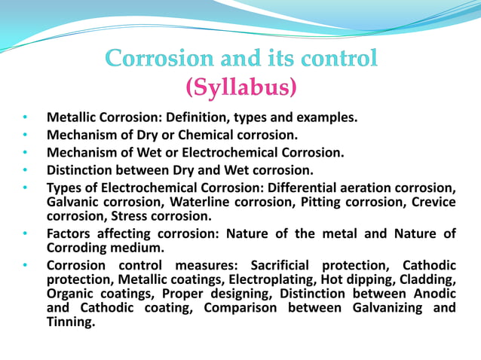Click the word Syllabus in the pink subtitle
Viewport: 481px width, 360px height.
pyautogui.click(x=240, y=89)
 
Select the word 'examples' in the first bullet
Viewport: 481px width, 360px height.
pyautogui.click(x=326, y=118)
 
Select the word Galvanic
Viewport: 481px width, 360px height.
pyautogui.click(x=75, y=202)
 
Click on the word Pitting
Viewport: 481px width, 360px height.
pyautogui.click(x=329, y=202)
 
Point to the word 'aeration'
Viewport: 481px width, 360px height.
pyautogui.click(x=370, y=188)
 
